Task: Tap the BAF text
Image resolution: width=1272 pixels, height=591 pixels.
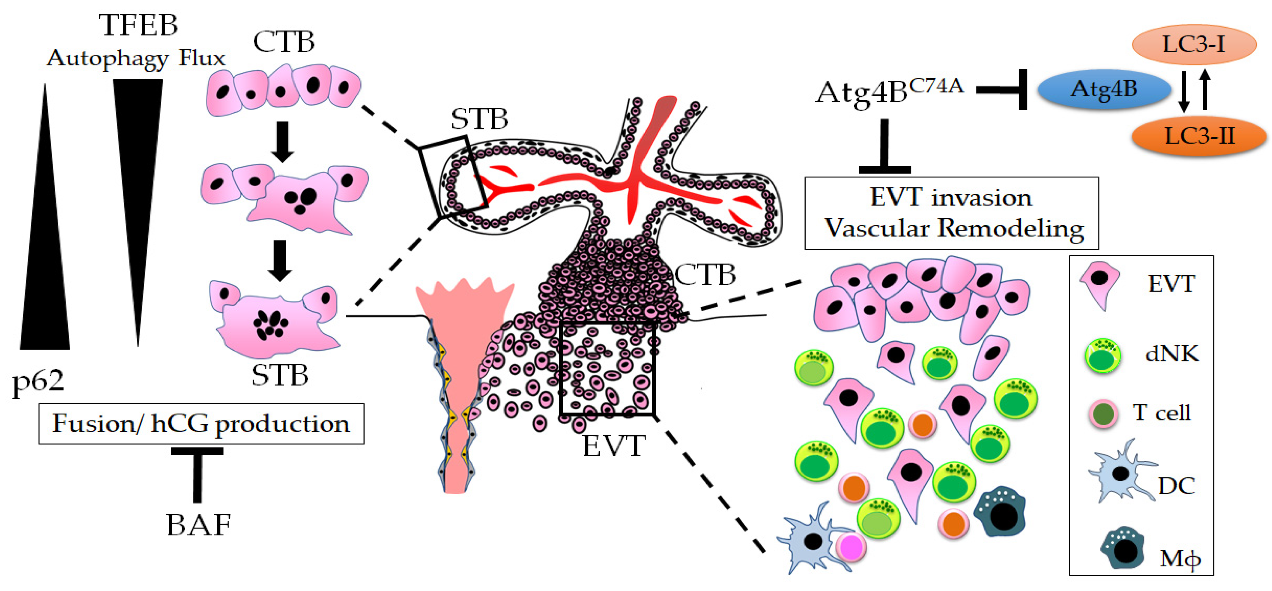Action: (198, 524)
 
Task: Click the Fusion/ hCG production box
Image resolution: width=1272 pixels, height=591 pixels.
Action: (201, 424)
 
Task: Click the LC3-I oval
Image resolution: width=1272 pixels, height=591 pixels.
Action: (1194, 44)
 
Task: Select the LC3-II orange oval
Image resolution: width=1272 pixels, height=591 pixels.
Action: (1199, 136)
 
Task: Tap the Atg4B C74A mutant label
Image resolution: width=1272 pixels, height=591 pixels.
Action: (889, 91)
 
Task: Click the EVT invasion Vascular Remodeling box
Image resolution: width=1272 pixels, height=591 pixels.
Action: (951, 213)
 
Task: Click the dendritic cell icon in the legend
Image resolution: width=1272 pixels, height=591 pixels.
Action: (1119, 474)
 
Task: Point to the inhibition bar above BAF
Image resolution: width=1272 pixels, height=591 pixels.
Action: (197, 472)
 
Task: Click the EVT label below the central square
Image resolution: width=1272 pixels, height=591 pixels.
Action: (614, 446)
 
